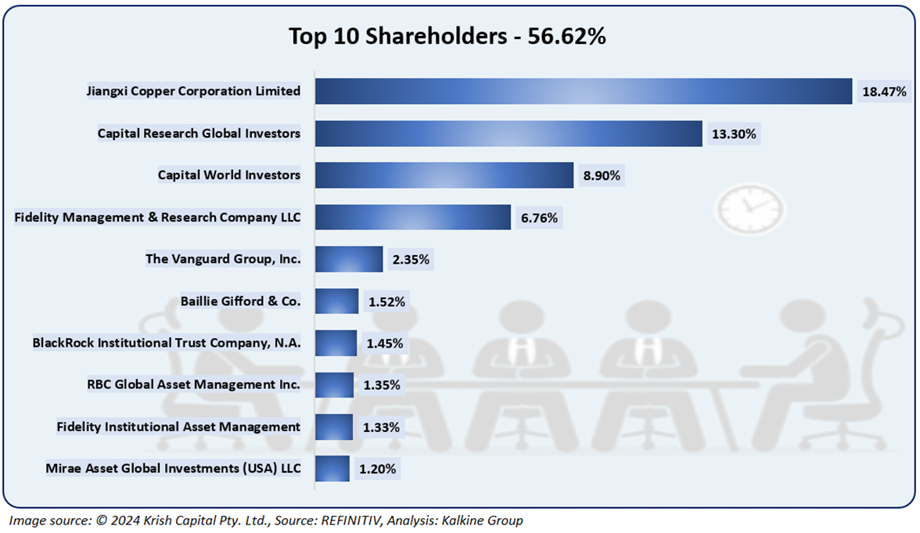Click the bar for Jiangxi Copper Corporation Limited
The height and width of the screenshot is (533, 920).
[583, 91]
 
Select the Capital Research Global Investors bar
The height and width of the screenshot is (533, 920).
[509, 134]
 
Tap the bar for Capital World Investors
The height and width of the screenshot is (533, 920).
[444, 175]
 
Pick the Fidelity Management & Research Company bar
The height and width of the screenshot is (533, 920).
[412, 218]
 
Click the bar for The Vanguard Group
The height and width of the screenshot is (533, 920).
[349, 259]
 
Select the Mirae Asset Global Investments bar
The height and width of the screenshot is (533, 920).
[332, 469]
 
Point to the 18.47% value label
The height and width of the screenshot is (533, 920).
[884, 92]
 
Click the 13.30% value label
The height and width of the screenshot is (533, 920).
[733, 134]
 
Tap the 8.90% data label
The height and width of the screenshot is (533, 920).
[602, 176]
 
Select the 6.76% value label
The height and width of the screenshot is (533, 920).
[539, 218]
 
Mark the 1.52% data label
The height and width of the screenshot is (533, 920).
[386, 301]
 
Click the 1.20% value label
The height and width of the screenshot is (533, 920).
[378, 470]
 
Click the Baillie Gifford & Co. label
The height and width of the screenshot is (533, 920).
[240, 301]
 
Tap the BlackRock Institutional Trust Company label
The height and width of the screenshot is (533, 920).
[167, 343]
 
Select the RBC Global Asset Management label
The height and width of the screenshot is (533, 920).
[193, 384]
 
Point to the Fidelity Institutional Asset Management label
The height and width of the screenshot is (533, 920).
[178, 427]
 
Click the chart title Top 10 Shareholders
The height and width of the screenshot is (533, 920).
[447, 37]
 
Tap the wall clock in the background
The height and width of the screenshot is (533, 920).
[749, 207]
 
